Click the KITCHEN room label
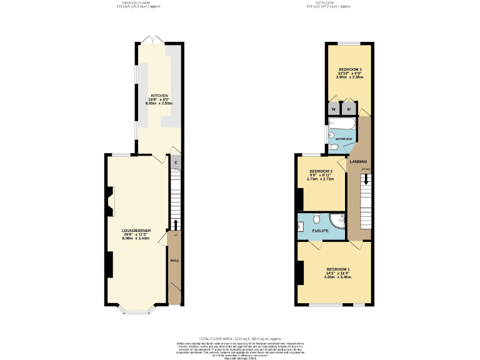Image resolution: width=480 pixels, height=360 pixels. [x=159, y=96]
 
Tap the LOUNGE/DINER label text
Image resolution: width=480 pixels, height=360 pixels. [x=136, y=231]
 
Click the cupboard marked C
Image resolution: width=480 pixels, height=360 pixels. [x=176, y=163]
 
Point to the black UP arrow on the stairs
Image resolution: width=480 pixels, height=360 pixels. [x=176, y=225]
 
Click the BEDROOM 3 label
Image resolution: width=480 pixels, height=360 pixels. [x=350, y=69]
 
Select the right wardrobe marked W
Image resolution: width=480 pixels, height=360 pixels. [x=348, y=109]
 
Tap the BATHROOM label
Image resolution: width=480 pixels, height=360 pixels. [x=344, y=138]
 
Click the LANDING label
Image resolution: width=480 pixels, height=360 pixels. [x=358, y=162]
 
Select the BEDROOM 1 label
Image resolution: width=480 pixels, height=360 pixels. [x=338, y=269]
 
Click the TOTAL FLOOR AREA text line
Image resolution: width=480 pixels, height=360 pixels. [x=241, y=337]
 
